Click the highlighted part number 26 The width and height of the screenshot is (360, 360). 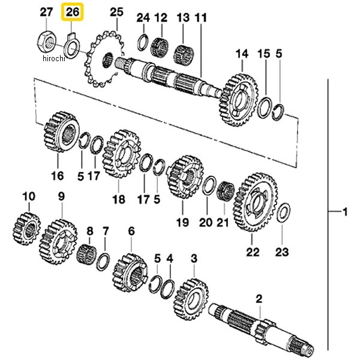[x=72, y=12]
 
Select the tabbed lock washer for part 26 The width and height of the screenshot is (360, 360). [x=71, y=45]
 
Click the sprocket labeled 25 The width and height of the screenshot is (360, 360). [x=104, y=59]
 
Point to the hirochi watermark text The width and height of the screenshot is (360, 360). [x=54, y=59]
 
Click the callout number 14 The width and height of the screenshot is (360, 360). [x=242, y=54]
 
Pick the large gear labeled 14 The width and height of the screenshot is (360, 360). [x=238, y=100]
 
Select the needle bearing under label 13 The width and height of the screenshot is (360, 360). [x=184, y=55]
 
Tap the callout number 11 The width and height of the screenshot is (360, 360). [x=201, y=18]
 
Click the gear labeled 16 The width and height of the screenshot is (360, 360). [x=61, y=132]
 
